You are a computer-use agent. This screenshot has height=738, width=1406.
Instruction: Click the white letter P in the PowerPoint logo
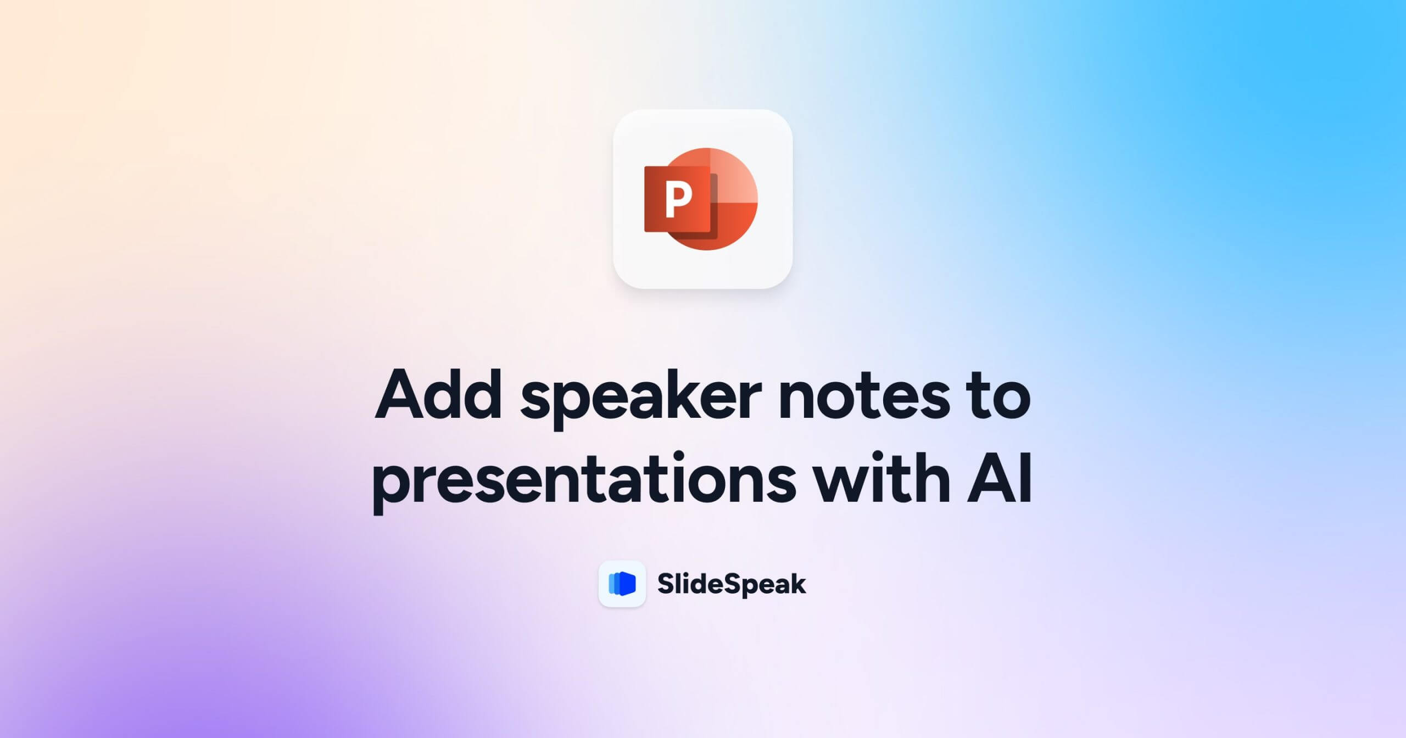[678, 200]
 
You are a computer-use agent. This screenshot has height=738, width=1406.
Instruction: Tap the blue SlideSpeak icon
[622, 584]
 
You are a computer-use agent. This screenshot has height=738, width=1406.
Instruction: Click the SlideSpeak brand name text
[732, 584]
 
